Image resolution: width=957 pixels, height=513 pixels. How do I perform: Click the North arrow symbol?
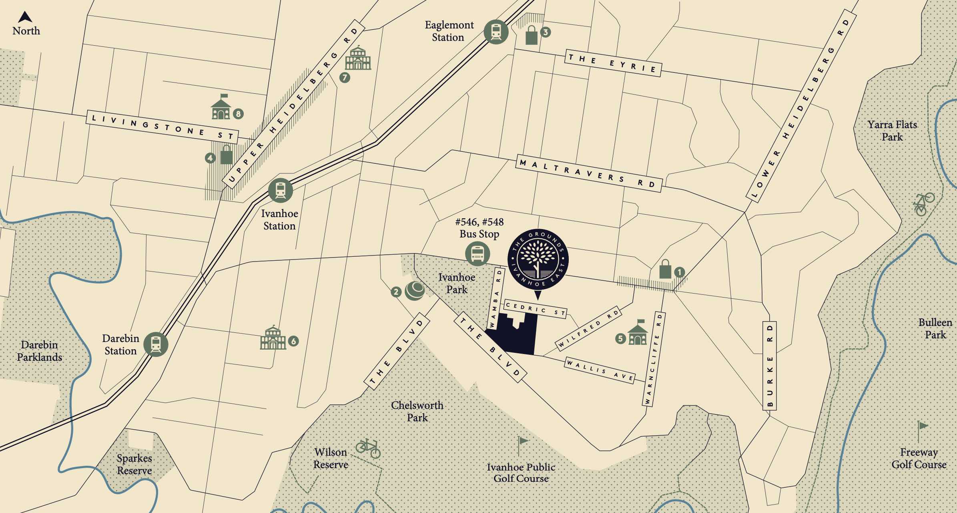25,17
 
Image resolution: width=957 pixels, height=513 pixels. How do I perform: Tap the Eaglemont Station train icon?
496,32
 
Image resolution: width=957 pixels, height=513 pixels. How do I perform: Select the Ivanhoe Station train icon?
280,190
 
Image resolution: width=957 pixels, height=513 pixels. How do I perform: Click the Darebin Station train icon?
156,344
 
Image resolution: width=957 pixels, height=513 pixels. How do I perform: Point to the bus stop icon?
477,254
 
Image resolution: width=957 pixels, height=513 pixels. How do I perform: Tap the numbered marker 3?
545,32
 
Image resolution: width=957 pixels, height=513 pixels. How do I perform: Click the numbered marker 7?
344,77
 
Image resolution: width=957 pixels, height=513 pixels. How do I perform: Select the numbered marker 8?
238,114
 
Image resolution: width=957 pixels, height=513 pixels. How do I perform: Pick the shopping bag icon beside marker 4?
226,155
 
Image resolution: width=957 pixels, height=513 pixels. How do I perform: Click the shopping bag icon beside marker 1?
665,269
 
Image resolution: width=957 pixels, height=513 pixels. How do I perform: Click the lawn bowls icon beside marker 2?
415,290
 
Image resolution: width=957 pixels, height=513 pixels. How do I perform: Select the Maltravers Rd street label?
589,173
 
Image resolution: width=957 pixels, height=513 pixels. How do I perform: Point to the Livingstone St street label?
163,127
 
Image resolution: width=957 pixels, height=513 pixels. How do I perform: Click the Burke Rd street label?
770,366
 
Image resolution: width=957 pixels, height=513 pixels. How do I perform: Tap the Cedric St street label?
535,309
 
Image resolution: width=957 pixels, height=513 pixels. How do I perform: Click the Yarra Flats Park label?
892,131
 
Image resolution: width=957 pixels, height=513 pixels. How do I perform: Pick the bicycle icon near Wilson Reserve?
368,448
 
